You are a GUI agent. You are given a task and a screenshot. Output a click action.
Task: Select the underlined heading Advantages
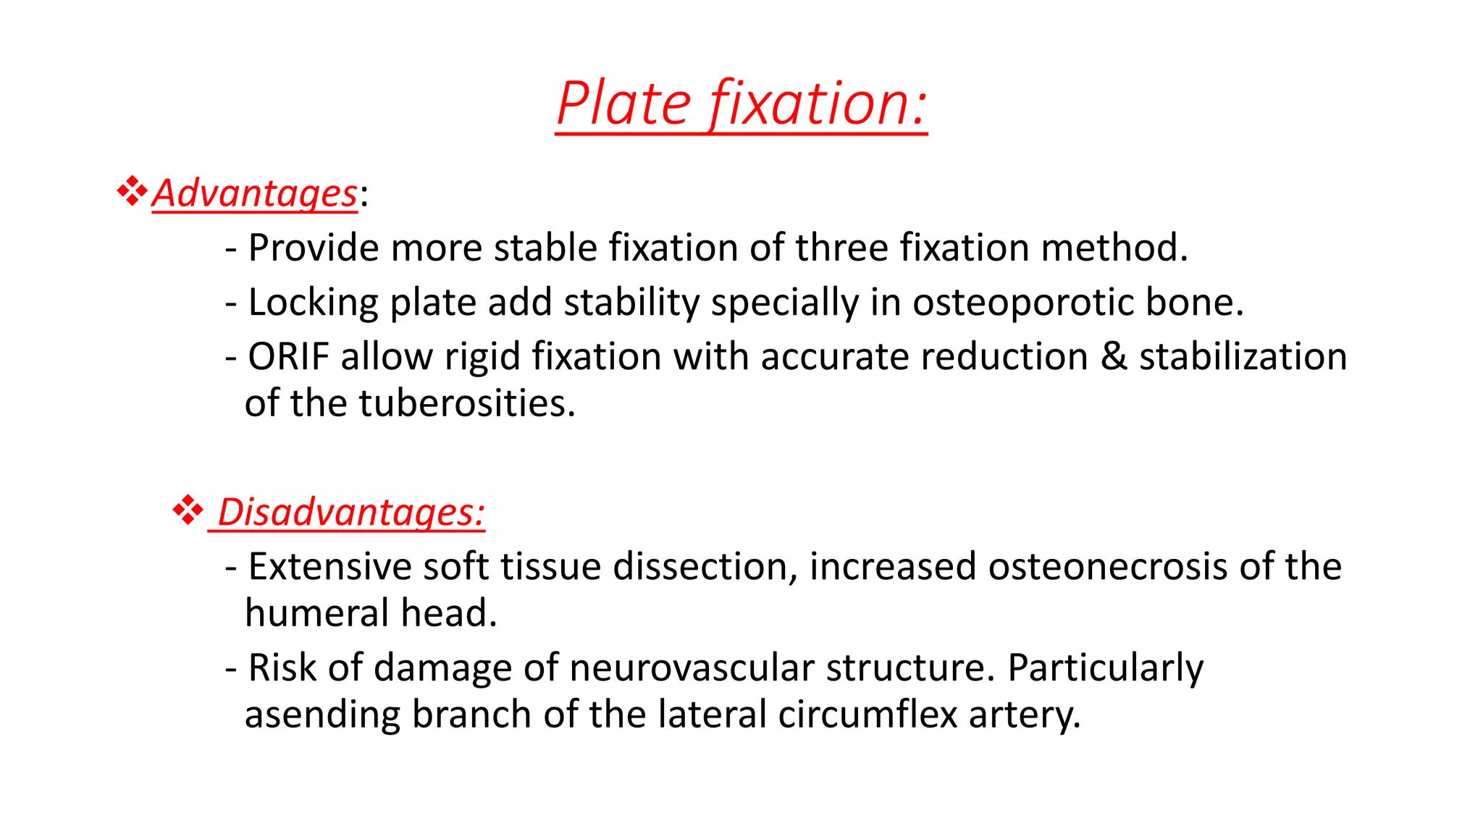click(254, 194)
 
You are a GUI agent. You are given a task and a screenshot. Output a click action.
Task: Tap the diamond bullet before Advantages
click(132, 191)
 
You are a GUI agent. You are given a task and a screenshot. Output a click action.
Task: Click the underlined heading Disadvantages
click(350, 513)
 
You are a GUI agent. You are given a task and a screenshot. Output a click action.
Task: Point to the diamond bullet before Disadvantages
click(188, 510)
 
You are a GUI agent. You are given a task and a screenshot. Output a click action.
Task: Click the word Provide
click(314, 248)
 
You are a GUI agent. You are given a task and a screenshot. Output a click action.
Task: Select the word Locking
click(312, 303)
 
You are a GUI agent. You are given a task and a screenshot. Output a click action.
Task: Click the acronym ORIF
click(289, 357)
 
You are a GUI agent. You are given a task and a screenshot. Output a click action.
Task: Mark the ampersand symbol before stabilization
click(1114, 357)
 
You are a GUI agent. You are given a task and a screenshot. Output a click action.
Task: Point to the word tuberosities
click(467, 404)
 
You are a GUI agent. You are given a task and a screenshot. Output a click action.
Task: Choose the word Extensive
click(329, 567)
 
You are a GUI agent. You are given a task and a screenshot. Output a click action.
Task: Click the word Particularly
click(1105, 668)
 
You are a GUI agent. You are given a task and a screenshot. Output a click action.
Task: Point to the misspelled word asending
click(322, 715)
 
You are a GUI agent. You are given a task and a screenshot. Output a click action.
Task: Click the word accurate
click(834, 357)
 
